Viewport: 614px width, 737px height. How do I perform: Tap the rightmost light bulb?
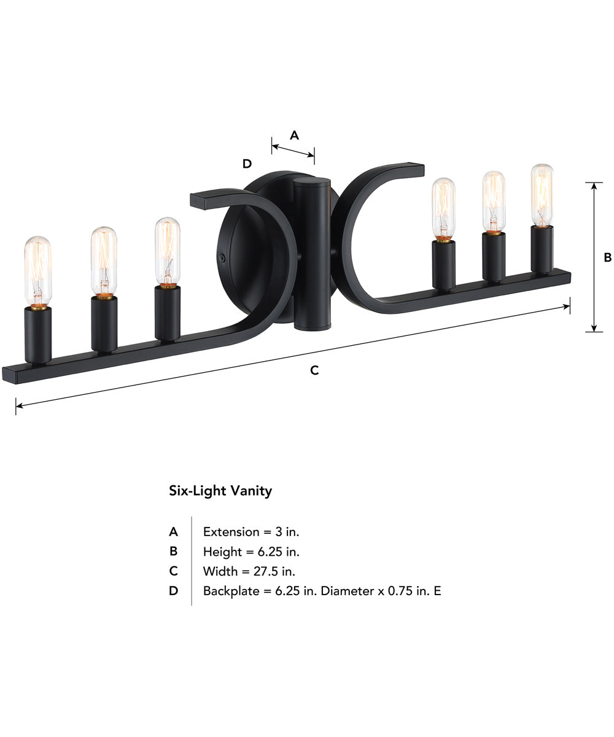click(x=541, y=194)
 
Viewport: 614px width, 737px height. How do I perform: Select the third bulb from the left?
click(x=167, y=251)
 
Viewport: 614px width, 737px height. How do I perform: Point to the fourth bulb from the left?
click(x=443, y=208)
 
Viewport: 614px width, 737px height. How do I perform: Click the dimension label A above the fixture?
click(x=294, y=135)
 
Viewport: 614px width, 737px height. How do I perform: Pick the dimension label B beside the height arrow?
click(x=607, y=258)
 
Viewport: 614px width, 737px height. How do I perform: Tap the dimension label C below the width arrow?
click(x=314, y=370)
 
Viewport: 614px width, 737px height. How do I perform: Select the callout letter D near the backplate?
click(x=247, y=164)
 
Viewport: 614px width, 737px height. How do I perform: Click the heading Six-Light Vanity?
click(x=220, y=491)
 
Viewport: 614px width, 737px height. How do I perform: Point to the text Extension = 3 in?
click(x=251, y=532)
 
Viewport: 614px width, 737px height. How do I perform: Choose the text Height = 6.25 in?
click(x=251, y=552)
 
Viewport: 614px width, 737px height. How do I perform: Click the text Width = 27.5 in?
click(x=249, y=571)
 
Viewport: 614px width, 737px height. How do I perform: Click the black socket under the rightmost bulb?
click(x=542, y=248)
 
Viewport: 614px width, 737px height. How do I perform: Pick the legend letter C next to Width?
click(x=174, y=571)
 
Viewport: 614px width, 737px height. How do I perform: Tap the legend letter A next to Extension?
click(x=174, y=532)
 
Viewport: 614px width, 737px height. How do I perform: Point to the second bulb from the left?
click(x=104, y=260)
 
